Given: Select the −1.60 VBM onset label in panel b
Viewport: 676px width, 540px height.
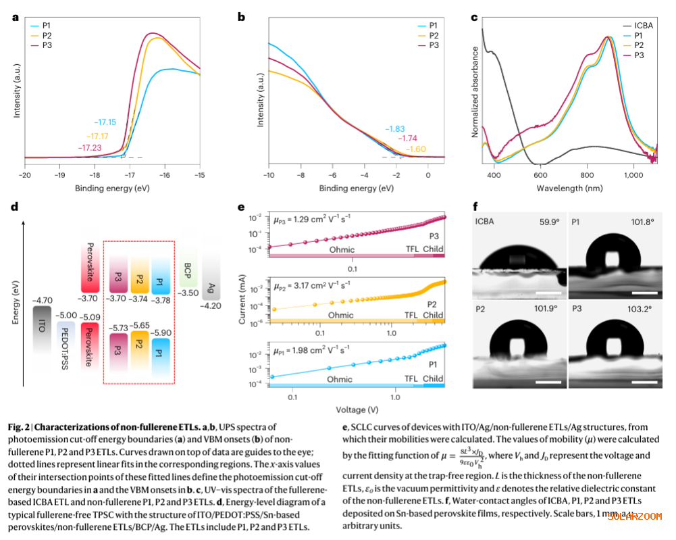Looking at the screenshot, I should pos(415,148).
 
